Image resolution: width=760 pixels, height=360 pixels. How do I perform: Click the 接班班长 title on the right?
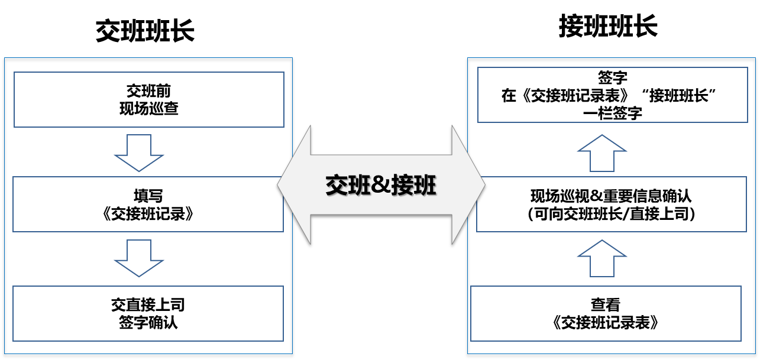tap(608, 27)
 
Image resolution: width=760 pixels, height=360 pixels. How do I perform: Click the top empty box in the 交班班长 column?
tap(149, 99)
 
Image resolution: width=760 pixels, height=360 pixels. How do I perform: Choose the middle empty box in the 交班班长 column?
tap(148, 204)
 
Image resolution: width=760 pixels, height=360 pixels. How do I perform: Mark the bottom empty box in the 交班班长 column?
tap(148, 313)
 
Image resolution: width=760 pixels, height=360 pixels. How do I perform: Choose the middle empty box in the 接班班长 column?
tap(612, 204)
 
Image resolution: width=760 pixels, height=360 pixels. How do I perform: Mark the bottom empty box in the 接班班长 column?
tap(606, 313)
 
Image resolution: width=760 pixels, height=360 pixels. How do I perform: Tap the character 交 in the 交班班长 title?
tap(108, 32)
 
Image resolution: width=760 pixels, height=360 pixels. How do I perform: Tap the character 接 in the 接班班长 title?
tap(571, 27)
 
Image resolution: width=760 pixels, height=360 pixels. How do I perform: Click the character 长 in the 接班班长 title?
tap(645, 27)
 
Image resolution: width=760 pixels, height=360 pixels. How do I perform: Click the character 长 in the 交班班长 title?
tap(182, 32)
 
